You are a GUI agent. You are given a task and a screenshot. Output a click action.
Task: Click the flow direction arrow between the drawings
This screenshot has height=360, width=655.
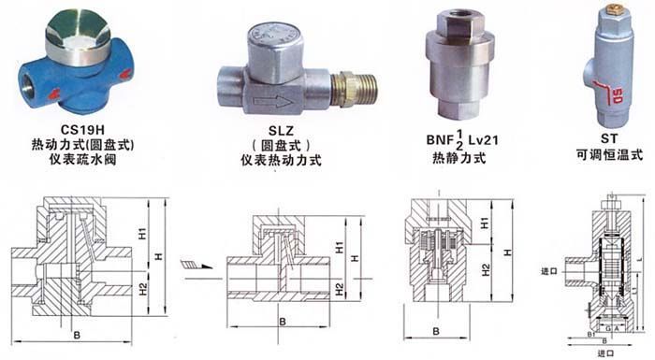click(x=198, y=266)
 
